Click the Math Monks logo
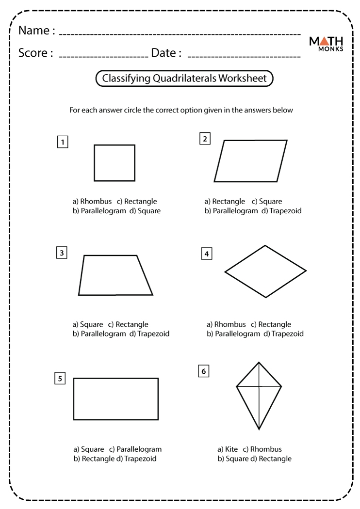point(327,44)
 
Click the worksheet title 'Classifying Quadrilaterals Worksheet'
point(184,79)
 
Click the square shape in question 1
point(115,163)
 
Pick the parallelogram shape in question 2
point(250,161)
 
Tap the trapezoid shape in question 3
point(115,275)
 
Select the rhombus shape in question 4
point(265,271)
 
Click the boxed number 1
point(62,142)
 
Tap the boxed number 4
point(207,254)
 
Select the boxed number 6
point(203,371)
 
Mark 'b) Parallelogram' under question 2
point(231,211)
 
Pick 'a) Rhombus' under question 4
point(227,324)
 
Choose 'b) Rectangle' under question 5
point(94,459)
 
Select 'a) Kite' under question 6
point(228,449)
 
